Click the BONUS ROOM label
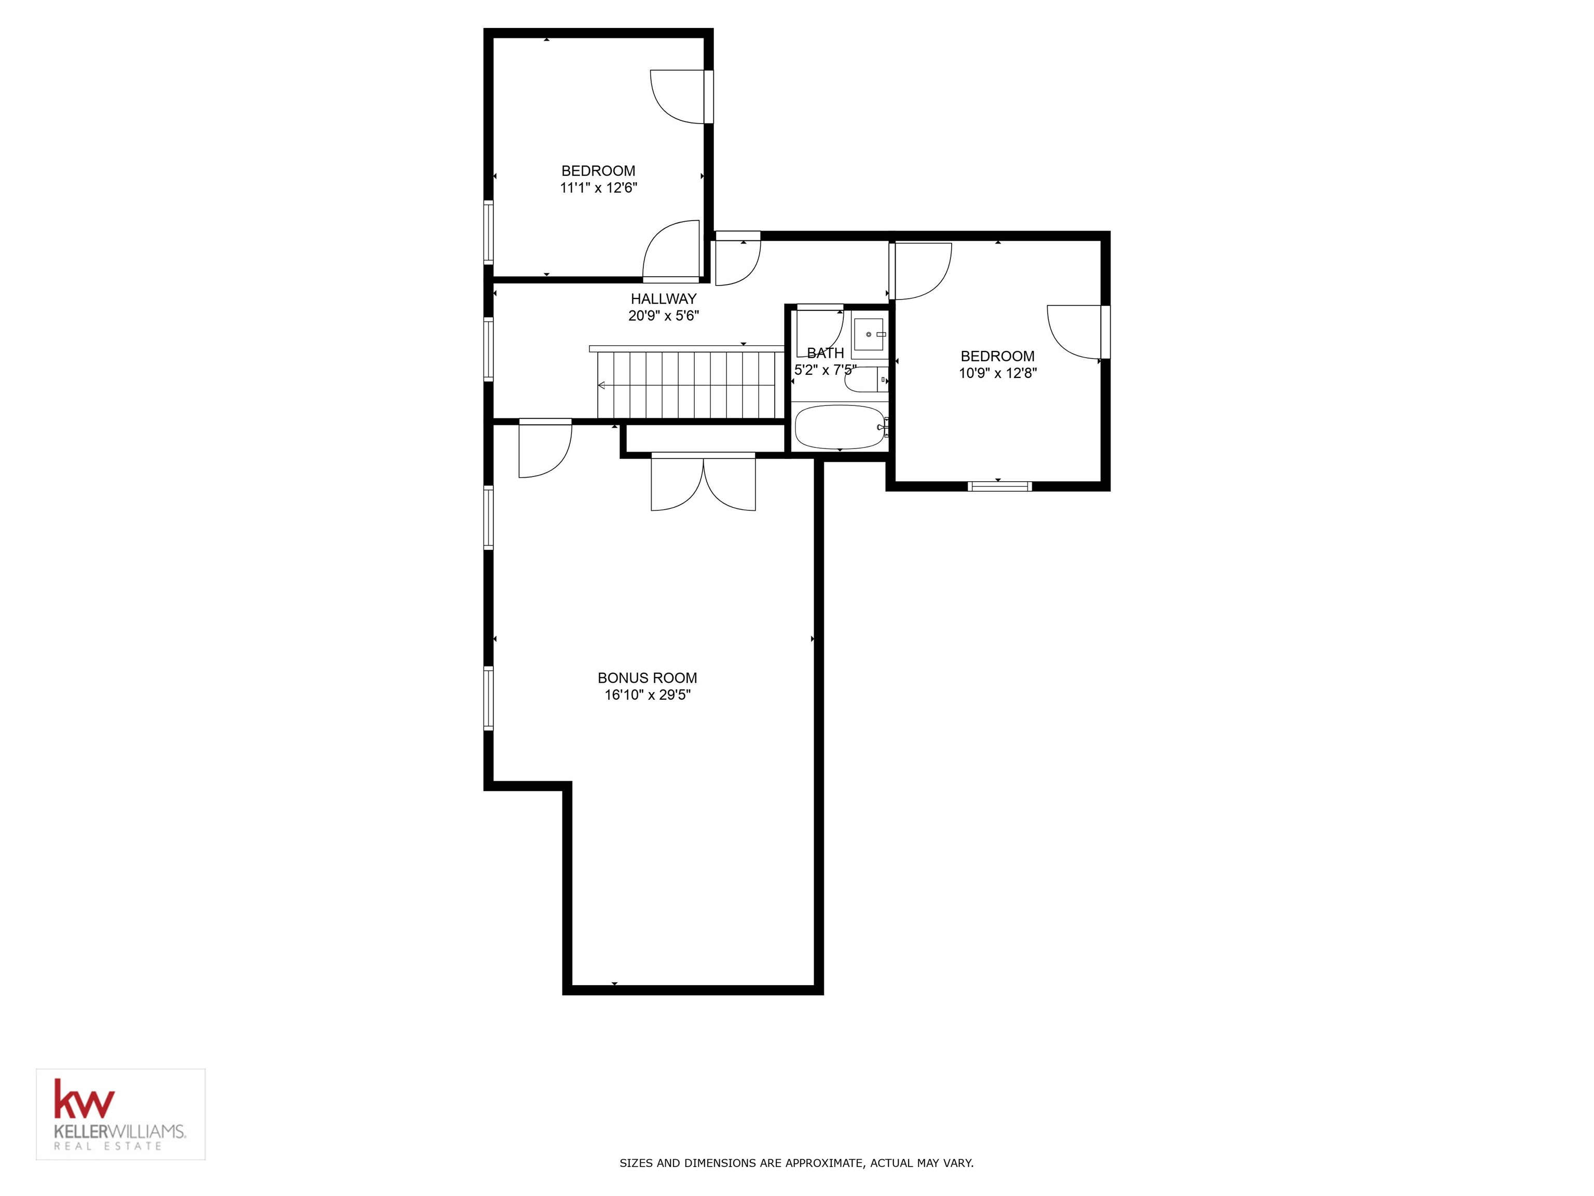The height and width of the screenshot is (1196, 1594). tap(647, 677)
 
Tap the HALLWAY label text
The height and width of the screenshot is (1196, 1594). tap(663, 298)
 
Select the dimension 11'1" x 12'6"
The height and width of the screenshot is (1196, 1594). tap(598, 188)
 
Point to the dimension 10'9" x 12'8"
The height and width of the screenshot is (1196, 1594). tap(997, 373)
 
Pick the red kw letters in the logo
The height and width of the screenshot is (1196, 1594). tap(84, 1100)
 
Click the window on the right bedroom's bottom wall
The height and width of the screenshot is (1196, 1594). tap(999, 486)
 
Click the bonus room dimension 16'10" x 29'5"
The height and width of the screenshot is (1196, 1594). tap(647, 695)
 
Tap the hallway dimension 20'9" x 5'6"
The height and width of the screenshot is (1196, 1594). tap(663, 316)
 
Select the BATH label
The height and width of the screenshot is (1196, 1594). tap(825, 354)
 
